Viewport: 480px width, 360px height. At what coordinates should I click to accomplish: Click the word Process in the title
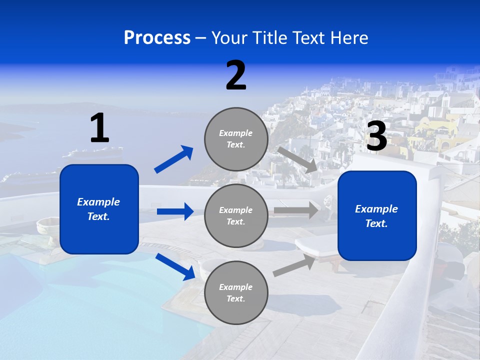pos(157,37)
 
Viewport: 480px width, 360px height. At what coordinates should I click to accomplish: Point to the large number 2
pos(236,75)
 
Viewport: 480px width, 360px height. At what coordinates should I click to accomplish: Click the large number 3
pos(376,136)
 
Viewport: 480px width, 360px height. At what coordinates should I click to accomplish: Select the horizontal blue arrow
pos(175,211)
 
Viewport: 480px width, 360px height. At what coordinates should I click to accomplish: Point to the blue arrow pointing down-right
pos(175,267)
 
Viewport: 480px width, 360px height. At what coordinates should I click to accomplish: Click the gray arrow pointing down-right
pos(298,159)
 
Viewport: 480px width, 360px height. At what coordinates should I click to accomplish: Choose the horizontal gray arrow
pos(296,210)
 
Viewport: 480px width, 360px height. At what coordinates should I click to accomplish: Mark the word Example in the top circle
pos(236,133)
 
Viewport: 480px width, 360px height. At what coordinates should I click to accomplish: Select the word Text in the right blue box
pos(375,223)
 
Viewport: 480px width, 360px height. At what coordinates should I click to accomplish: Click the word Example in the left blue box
pos(98,202)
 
